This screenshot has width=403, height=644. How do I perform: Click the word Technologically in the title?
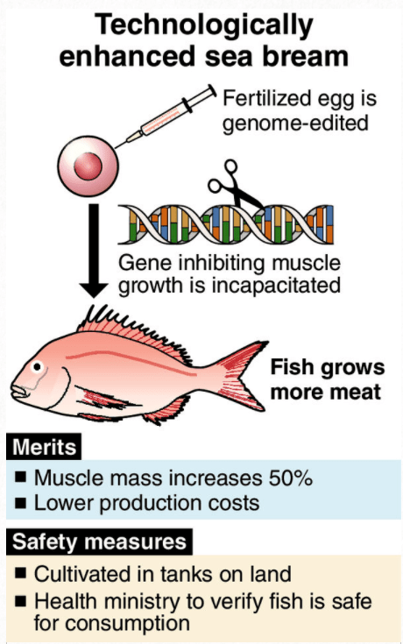[x=204, y=26]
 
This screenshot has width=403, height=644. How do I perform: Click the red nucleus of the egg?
[x=88, y=166]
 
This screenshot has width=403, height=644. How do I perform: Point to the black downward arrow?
[x=94, y=251]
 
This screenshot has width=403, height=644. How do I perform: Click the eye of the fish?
[x=38, y=366]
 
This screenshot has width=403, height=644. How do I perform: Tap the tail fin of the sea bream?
[x=243, y=376]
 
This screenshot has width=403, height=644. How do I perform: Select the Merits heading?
[x=44, y=447]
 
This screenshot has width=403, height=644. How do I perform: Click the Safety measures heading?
[x=99, y=541]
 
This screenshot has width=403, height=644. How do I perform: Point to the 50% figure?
[x=291, y=478]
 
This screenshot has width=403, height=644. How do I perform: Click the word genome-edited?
[x=295, y=124]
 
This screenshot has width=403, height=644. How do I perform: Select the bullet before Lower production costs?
[x=20, y=503]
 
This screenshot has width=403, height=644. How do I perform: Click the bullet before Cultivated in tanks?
[x=20, y=573]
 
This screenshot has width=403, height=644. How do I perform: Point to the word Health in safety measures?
[x=66, y=600]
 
